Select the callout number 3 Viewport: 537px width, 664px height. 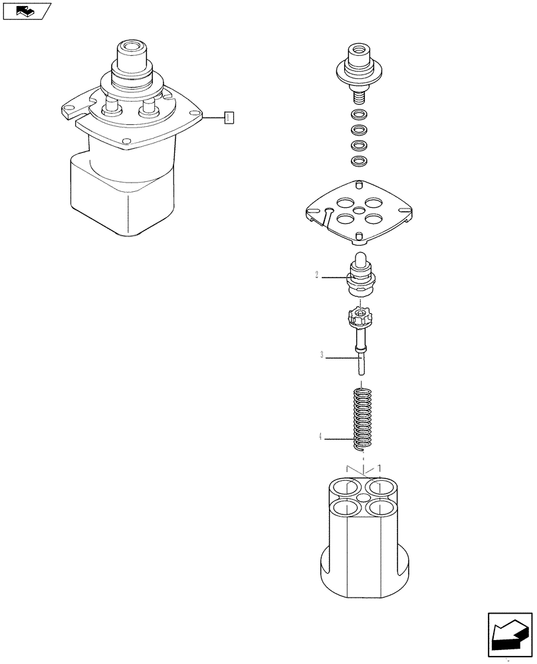pos(322,356)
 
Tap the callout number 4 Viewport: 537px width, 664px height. pos(320,436)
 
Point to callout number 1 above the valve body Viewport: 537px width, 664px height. pos(379,468)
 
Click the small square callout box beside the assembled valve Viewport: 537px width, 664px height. pos(229,118)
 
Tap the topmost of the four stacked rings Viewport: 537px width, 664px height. pos(358,115)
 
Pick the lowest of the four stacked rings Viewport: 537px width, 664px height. pos(358,161)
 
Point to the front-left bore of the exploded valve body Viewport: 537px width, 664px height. pos(341,509)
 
